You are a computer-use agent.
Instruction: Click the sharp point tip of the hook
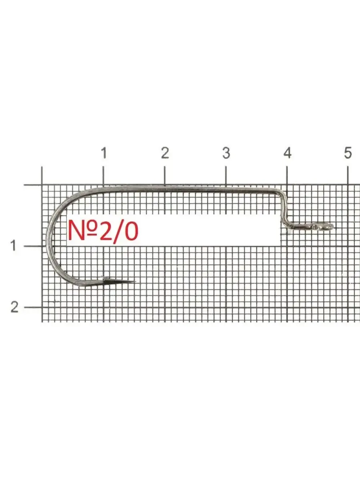(x=136, y=282)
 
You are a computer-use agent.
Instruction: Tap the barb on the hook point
(x=104, y=278)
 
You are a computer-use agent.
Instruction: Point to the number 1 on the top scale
(x=104, y=153)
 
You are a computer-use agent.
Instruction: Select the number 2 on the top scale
(x=165, y=153)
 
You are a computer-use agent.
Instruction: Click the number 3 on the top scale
(x=226, y=153)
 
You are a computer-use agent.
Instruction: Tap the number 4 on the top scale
(x=287, y=153)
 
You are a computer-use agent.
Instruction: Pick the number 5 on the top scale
(x=348, y=153)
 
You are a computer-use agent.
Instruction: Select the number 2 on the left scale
(x=14, y=307)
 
